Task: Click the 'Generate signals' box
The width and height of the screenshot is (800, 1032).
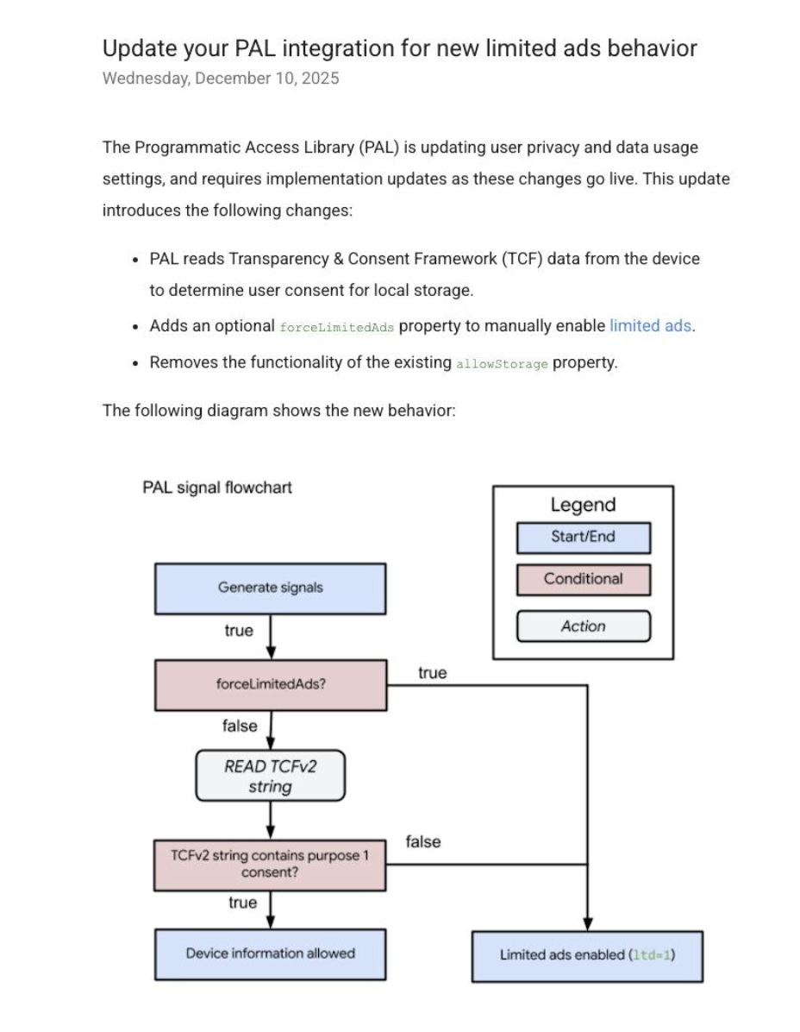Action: [x=270, y=588]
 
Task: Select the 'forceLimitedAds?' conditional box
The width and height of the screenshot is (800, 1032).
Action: [x=271, y=685]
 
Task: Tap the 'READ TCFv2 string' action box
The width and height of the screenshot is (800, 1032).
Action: [x=270, y=776]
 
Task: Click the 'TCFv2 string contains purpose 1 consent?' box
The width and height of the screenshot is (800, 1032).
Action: [x=270, y=865]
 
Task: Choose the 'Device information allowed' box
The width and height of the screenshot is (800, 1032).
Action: [x=270, y=954]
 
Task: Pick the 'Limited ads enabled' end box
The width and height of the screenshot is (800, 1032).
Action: [x=587, y=956]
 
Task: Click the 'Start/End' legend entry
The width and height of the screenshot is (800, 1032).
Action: [x=584, y=538]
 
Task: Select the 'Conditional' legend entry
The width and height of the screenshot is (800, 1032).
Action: [x=584, y=580]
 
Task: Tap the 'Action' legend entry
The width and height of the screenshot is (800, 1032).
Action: [x=584, y=626]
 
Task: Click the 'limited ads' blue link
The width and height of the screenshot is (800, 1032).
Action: [x=650, y=326]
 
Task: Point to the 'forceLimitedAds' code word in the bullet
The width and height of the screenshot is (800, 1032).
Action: [x=336, y=327]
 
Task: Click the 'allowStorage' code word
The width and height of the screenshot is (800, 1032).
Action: [x=502, y=364]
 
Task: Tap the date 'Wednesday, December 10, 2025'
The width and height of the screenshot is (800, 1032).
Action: [x=221, y=79]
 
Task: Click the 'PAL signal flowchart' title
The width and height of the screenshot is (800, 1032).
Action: [x=217, y=488]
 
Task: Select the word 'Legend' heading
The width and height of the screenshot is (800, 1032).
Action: [x=583, y=505]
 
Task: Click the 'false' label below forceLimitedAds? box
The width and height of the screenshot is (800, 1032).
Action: [x=240, y=726]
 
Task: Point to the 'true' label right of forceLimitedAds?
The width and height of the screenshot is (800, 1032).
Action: [x=432, y=673]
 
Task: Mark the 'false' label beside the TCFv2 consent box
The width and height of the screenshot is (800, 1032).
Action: [x=422, y=842]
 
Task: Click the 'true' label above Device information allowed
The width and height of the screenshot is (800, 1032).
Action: [x=242, y=903]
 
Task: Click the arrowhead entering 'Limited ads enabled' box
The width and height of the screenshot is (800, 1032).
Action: [x=588, y=924]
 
